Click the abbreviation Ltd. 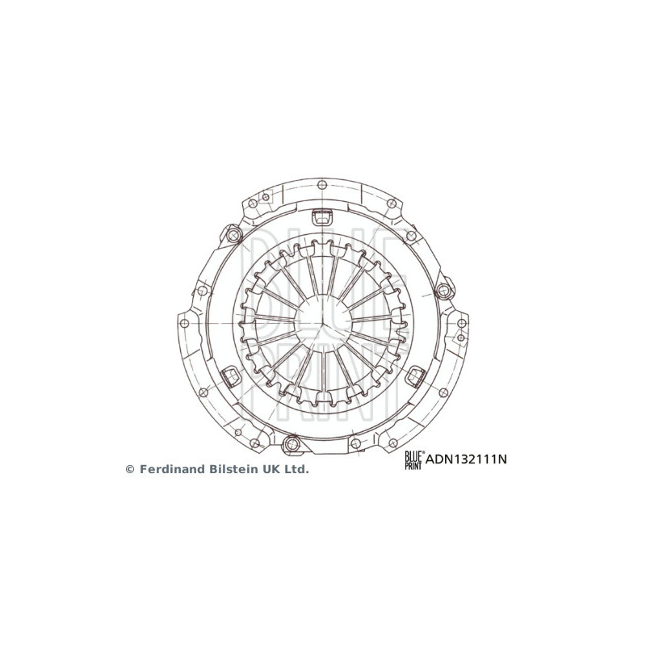click(297, 468)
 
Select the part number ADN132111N click(465, 460)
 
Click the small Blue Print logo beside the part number click(413, 460)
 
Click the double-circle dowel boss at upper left click(234, 236)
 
